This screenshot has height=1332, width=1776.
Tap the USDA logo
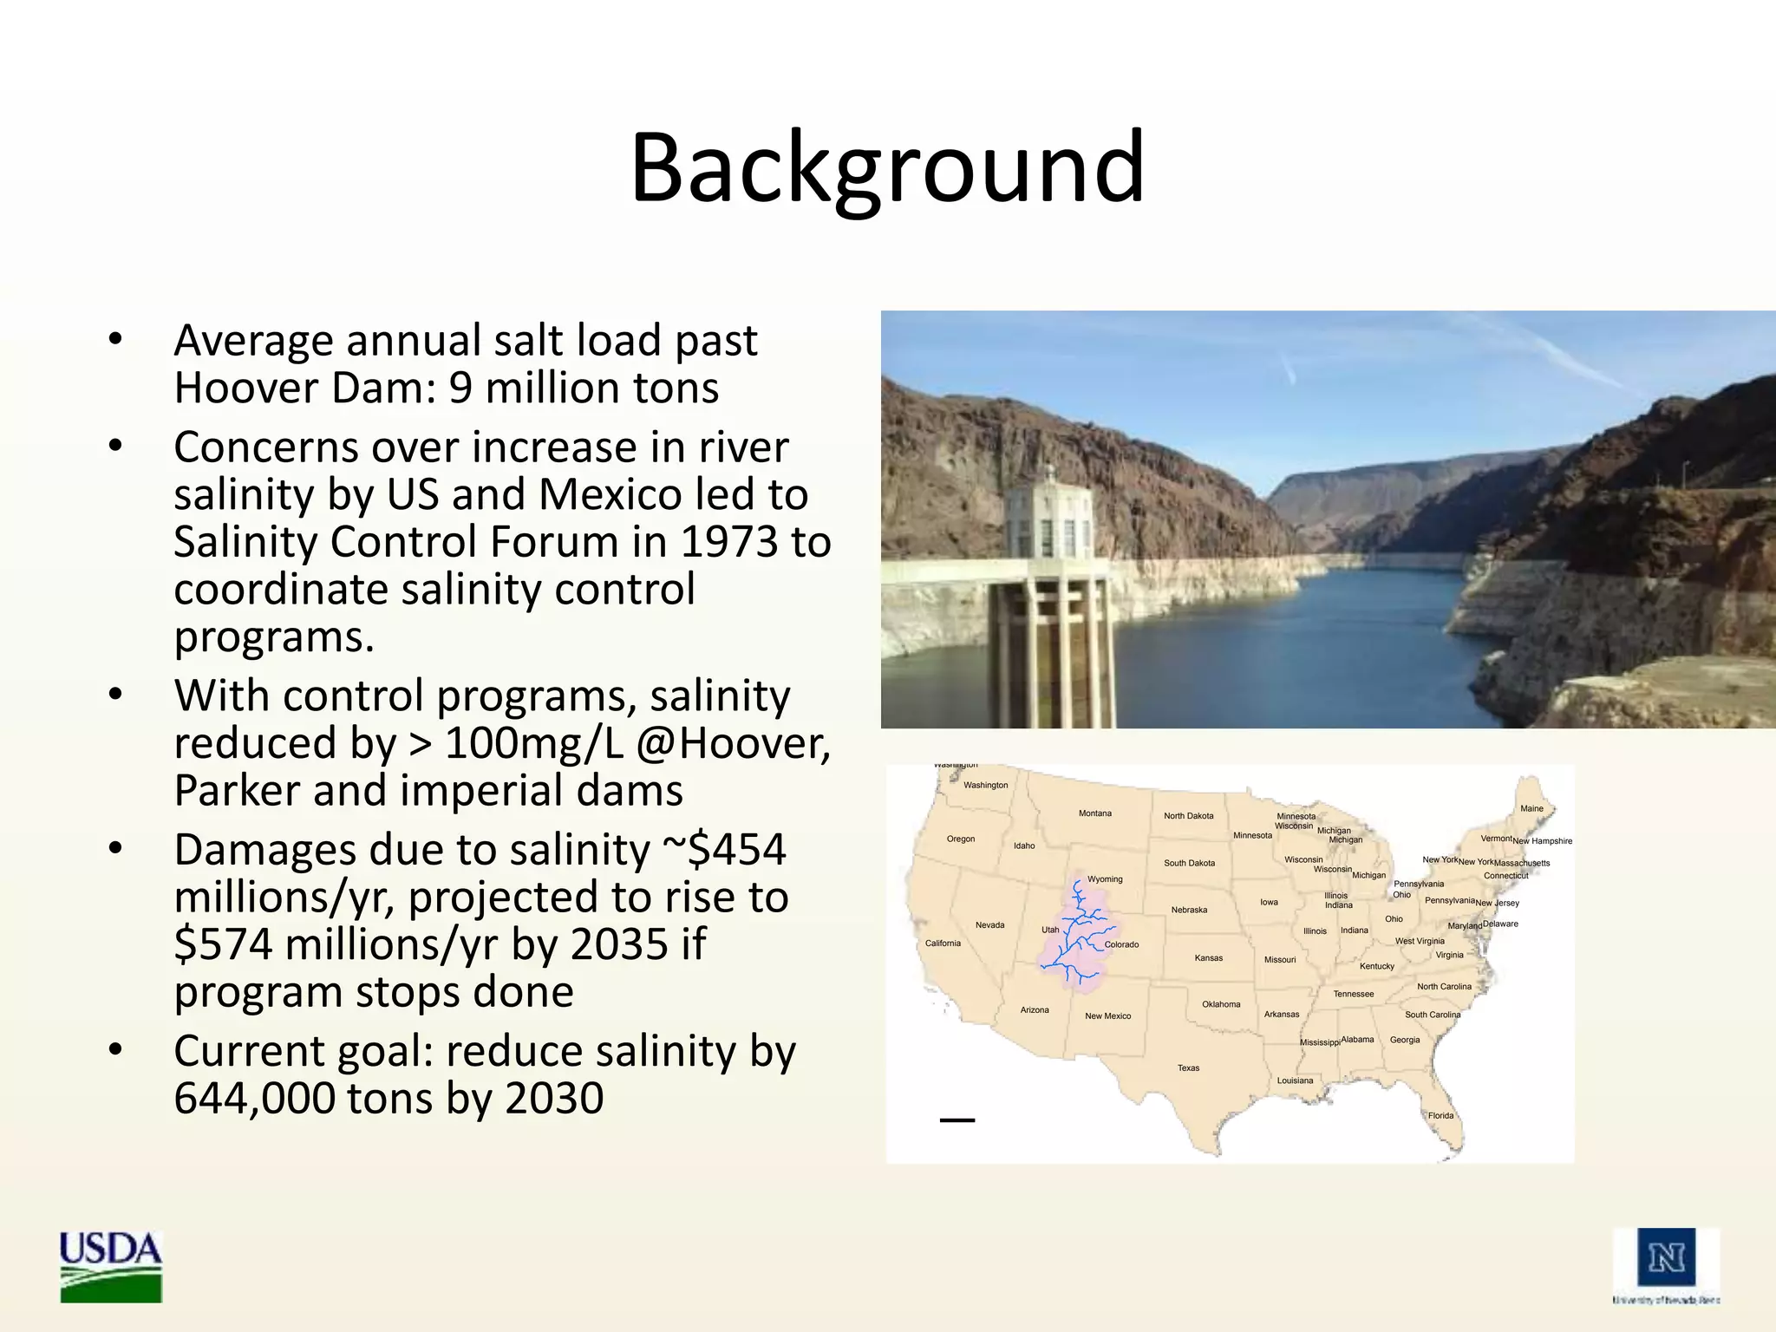click(110, 1265)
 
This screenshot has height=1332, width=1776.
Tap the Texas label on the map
click(1188, 1068)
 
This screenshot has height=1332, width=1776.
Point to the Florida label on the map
click(1440, 1116)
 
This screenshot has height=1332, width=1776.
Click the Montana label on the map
click(1094, 813)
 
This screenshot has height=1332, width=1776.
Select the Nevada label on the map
click(989, 925)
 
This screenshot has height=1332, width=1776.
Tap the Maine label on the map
click(1531, 809)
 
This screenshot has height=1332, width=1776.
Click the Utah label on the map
click(1049, 930)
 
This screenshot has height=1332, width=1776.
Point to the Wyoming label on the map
click(1105, 879)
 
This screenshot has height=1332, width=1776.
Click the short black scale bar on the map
click(957, 1120)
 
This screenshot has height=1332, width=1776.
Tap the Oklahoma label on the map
click(1221, 1005)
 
